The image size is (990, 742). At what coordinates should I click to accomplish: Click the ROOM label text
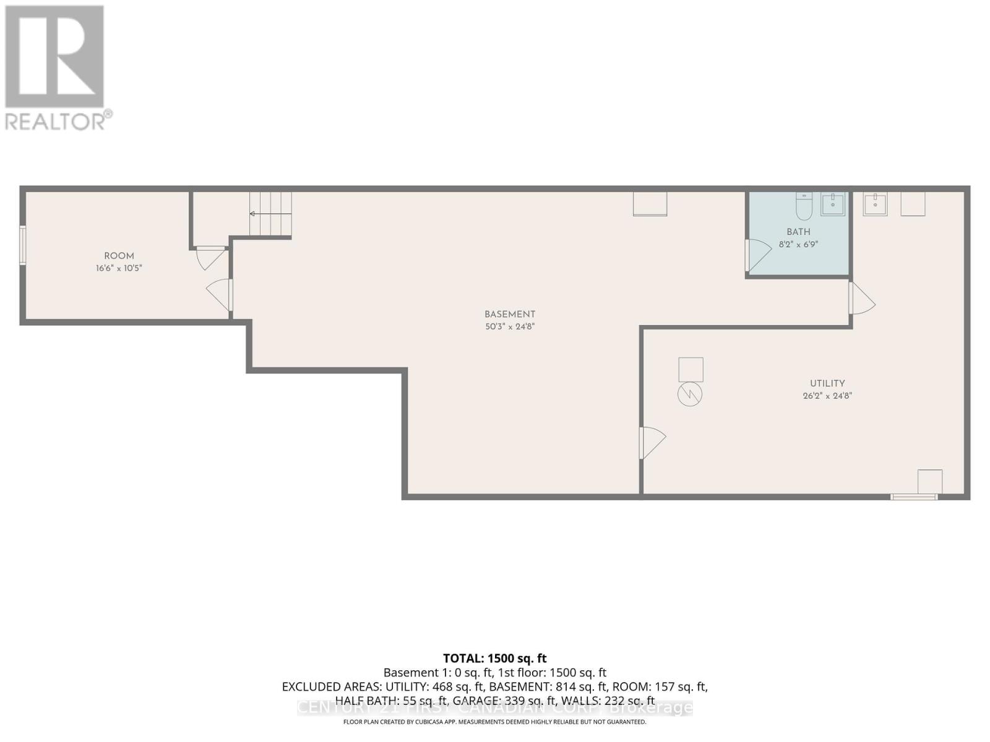tap(119, 256)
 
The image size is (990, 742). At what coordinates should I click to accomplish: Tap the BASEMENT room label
tap(510, 314)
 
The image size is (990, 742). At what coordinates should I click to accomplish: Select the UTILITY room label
tap(827, 383)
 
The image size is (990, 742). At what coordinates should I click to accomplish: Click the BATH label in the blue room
tap(798, 232)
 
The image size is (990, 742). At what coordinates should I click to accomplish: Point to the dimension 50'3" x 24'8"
tap(510, 326)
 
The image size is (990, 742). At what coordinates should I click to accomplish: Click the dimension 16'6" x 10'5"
tap(119, 268)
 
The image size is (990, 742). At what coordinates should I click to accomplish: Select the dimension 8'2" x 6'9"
tap(798, 244)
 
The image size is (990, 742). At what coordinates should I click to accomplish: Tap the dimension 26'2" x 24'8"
tap(827, 396)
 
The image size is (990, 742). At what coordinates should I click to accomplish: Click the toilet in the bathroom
tap(804, 207)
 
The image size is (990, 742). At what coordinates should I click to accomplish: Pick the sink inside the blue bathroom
tap(833, 203)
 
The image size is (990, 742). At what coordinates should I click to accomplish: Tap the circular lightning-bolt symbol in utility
tap(690, 394)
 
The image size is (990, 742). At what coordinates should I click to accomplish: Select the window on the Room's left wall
tap(23, 245)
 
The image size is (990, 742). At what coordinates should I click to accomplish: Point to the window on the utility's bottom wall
tap(914, 497)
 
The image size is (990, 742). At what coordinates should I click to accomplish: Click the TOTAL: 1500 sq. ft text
tap(494, 659)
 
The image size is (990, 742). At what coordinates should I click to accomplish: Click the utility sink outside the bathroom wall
tap(875, 203)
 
